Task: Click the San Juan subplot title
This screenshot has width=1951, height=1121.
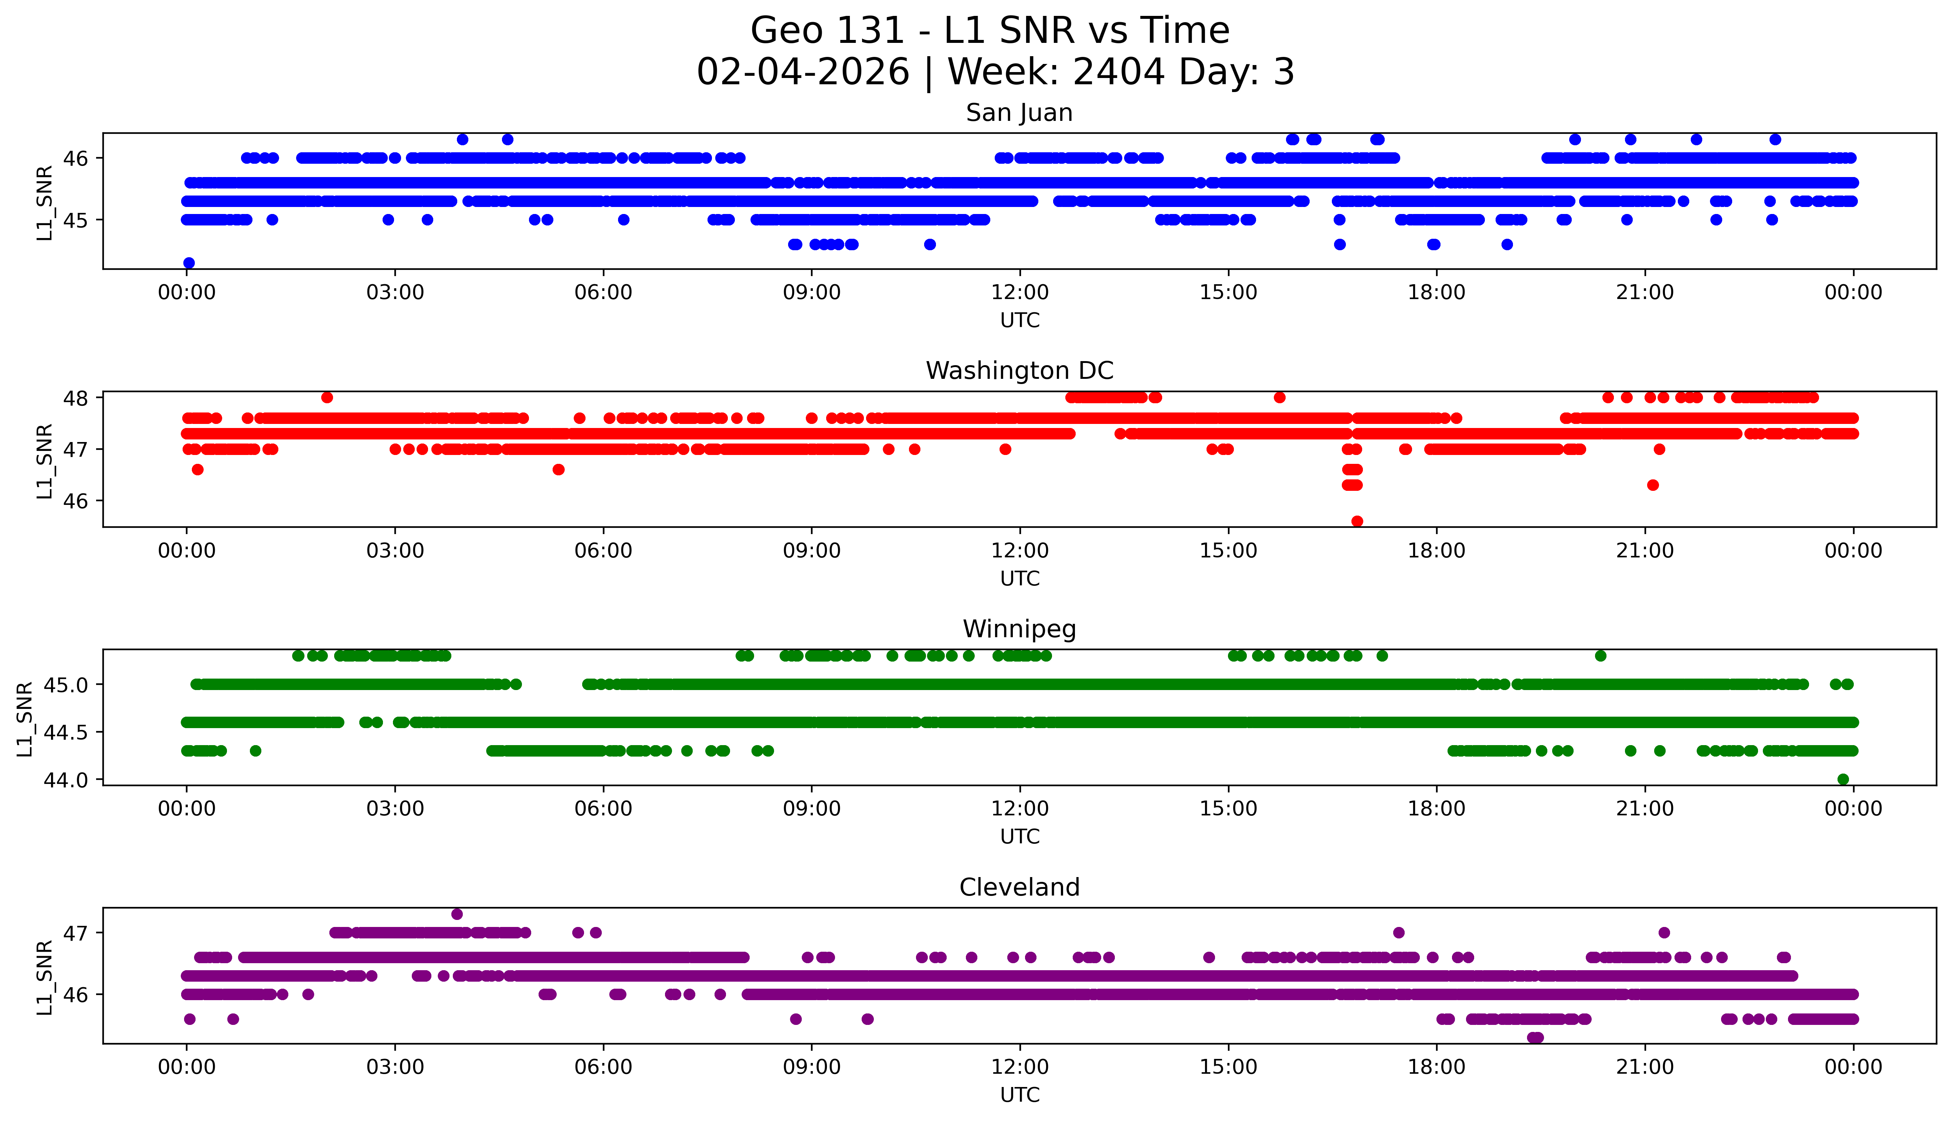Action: [x=1019, y=113]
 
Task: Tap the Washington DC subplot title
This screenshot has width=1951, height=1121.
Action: [x=1019, y=371]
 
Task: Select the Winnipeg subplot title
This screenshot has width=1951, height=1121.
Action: [x=1019, y=629]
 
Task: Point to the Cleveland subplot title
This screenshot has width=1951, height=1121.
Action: [x=1019, y=888]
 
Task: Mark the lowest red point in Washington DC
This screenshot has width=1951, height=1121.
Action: [x=1357, y=521]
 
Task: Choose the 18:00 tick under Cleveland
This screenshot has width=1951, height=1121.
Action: [x=1436, y=1067]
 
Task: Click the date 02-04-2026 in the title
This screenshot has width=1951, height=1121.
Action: [x=802, y=72]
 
